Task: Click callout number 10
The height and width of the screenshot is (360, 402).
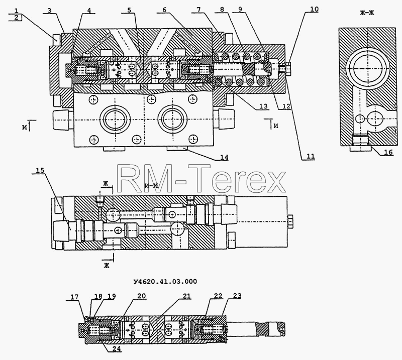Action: tap(314, 9)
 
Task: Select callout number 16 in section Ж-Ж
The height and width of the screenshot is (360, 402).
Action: tap(388, 152)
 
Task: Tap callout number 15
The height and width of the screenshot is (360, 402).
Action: tap(40, 170)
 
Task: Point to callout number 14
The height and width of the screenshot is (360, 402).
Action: tap(224, 157)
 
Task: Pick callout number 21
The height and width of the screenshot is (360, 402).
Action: tap(187, 296)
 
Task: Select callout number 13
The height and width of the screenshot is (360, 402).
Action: tap(263, 106)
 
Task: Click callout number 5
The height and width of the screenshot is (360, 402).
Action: tap(129, 10)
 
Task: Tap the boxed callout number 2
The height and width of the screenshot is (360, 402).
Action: tap(17, 18)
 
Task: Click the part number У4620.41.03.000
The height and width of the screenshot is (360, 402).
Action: tap(165, 282)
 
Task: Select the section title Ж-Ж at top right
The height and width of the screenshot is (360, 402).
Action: tap(367, 13)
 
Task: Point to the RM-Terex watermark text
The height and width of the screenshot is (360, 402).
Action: tap(202, 178)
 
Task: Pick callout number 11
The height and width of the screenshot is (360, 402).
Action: tap(310, 156)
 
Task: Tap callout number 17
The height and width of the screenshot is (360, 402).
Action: tap(74, 297)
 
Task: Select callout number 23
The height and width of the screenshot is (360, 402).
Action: tap(237, 296)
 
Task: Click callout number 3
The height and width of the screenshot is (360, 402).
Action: tap(49, 11)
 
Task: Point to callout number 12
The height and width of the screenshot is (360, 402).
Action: tap(286, 106)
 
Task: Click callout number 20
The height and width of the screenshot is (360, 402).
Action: tap(142, 296)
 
